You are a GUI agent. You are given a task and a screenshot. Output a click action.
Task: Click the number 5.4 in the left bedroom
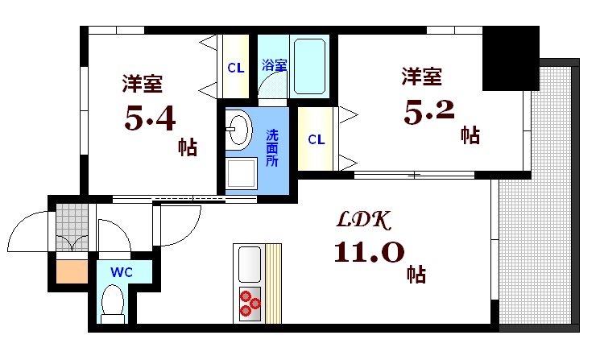click(149, 118)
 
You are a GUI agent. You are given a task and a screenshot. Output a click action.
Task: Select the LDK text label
click(363, 219)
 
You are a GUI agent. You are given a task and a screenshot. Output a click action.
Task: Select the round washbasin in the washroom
click(239, 128)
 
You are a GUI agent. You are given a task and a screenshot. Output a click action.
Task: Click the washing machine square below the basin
click(240, 172)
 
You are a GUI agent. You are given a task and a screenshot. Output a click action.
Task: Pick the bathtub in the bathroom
click(309, 64)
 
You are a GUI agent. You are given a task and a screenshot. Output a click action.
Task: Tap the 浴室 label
click(274, 66)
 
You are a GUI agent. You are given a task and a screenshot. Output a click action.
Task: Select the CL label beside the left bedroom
click(235, 68)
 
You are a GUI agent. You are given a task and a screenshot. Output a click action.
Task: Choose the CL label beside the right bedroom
click(316, 139)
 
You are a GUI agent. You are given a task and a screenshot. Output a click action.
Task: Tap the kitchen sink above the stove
click(250, 264)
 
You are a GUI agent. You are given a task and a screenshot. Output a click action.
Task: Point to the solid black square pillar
click(511, 58)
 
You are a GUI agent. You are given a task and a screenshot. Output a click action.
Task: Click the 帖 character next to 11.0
click(416, 274)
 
